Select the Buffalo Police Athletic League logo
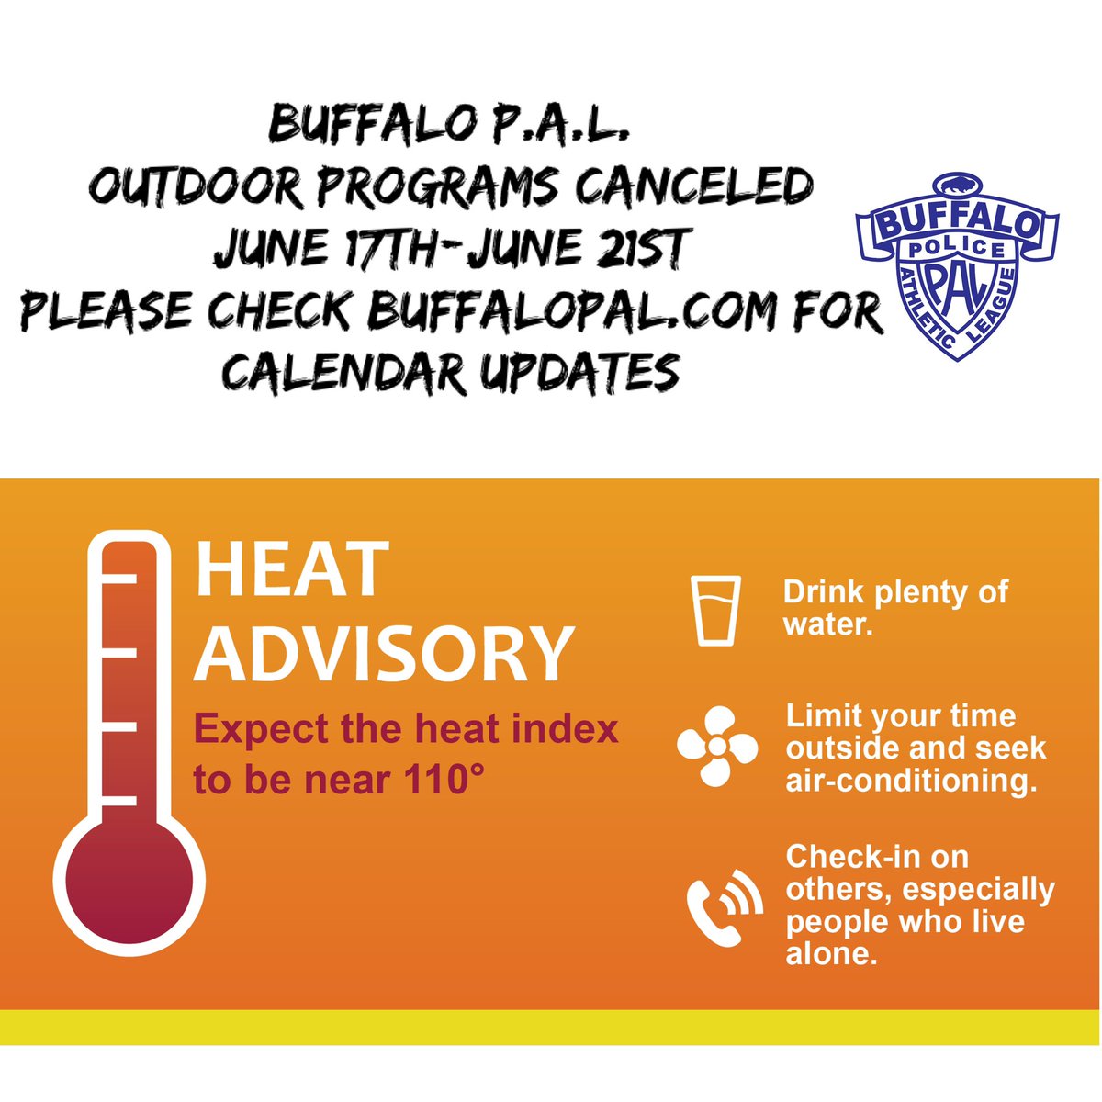tap(956, 265)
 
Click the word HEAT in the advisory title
tap(292, 570)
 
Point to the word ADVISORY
tap(385, 653)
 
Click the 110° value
tap(444, 781)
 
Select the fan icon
tap(717, 747)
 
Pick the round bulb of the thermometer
tap(129, 879)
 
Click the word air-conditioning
tap(911, 781)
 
